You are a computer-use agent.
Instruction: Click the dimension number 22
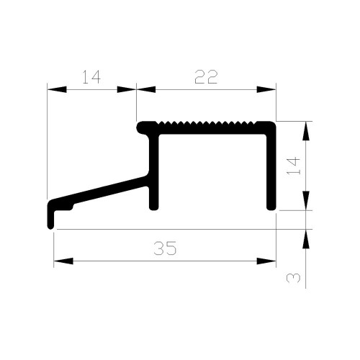point(206,77)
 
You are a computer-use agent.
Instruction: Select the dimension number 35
point(165,248)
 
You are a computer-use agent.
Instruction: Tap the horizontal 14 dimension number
point(91,77)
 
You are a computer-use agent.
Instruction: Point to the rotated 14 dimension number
point(294,166)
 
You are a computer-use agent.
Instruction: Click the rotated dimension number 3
point(294,278)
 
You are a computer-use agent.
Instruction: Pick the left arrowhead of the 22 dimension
point(146,89)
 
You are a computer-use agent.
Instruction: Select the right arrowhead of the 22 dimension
point(266,89)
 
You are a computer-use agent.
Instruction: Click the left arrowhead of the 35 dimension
point(63,261)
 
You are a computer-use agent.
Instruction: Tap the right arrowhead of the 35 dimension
point(266,261)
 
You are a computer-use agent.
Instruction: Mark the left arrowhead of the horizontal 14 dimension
point(57,89)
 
